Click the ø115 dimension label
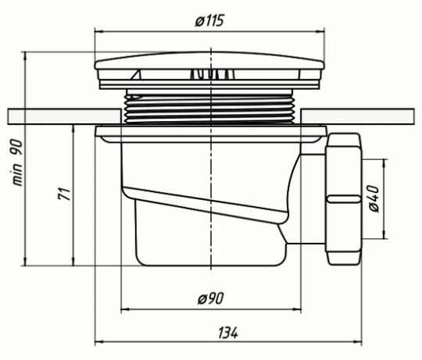209,21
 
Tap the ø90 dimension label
211,298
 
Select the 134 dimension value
227,333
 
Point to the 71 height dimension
65,194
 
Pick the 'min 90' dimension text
17,162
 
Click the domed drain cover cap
209,60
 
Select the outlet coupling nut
343,198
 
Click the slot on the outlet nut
344,198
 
